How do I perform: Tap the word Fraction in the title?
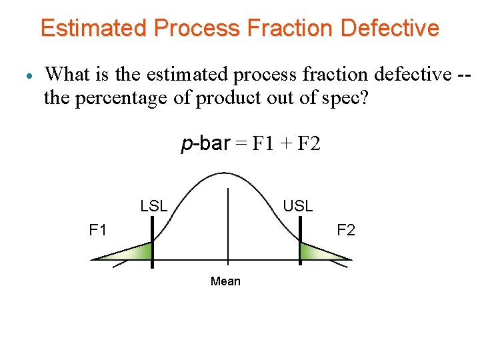tap(290, 29)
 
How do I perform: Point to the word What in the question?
tap(71, 74)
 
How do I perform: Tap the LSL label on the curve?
tap(154, 206)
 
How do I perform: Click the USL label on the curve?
tap(297, 206)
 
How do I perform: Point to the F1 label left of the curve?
tap(98, 231)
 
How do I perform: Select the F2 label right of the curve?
tap(346, 231)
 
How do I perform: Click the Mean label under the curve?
tap(225, 281)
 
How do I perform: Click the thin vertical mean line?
tap(228, 227)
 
